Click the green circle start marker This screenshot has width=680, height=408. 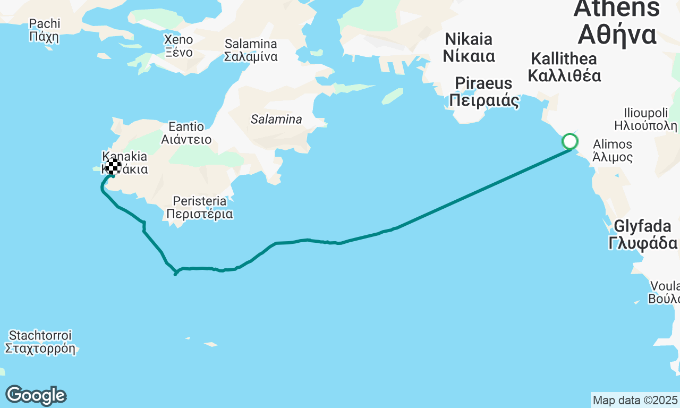pos(570,141)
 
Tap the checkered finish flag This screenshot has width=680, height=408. pos(113,166)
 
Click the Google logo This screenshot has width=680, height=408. pos(36,395)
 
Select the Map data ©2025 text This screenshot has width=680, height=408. pos(635,399)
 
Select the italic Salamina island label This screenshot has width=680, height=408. pos(276,120)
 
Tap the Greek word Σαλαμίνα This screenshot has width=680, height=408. pos(251,57)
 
